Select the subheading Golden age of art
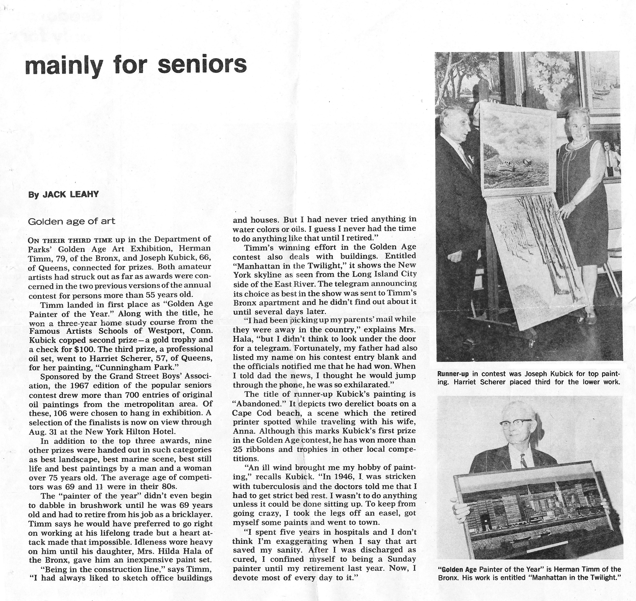[71, 221]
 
